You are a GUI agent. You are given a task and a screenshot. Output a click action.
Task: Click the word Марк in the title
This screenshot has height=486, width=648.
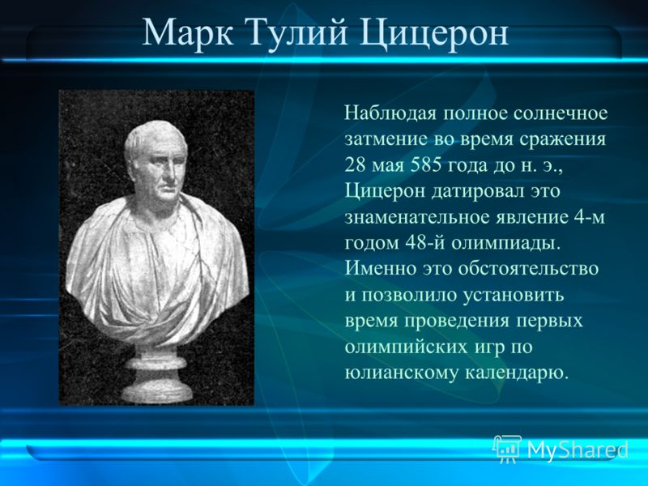[187, 32]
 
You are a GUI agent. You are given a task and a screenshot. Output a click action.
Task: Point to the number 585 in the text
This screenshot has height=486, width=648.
[424, 165]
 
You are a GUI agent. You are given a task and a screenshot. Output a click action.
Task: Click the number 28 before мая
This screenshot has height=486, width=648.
[354, 165]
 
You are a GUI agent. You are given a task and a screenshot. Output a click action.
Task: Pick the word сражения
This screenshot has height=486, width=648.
[562, 139]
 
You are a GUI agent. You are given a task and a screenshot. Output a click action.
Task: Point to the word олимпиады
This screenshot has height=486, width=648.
[505, 244]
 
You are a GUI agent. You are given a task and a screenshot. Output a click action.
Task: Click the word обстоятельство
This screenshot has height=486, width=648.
[528, 269]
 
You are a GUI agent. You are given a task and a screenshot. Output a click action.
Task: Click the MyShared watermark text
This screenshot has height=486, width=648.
[578, 450]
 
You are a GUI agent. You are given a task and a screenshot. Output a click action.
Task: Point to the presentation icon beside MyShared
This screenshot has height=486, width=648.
[507, 449]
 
